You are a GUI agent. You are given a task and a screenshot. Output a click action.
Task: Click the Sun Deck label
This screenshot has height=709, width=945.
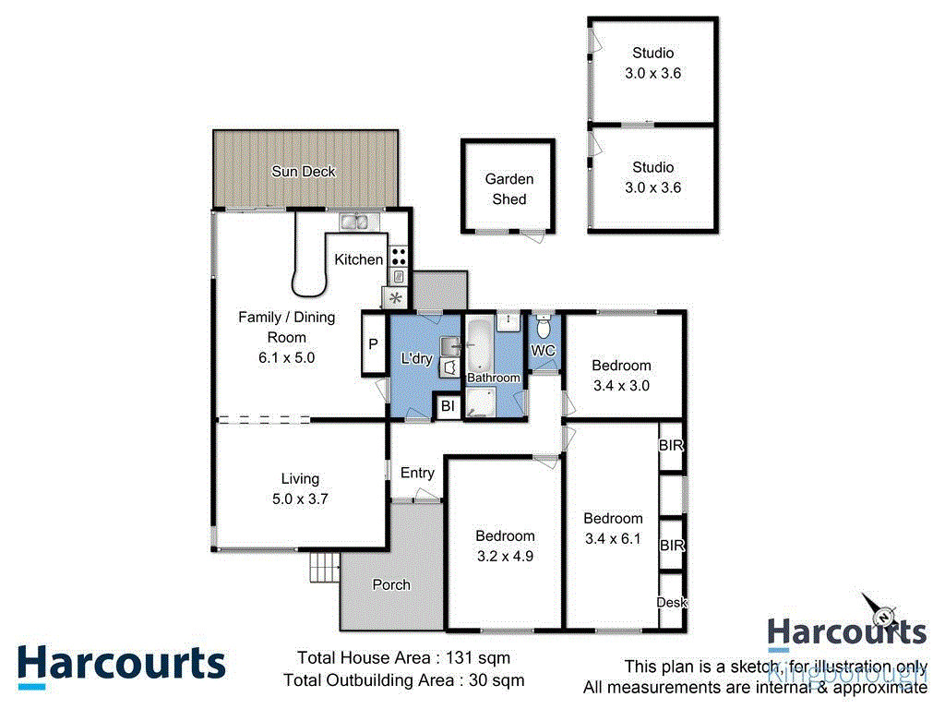point(304,172)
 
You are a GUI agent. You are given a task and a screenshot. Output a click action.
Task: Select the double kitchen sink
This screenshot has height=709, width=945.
point(353,222)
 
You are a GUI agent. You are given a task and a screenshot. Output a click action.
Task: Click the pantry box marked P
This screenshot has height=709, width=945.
point(374,344)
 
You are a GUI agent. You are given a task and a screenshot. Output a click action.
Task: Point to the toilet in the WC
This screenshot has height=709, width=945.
point(544,328)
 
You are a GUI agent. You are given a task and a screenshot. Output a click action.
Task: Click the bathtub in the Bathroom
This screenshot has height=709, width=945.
point(480,345)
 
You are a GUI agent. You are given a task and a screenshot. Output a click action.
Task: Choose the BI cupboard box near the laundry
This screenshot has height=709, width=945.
point(447,406)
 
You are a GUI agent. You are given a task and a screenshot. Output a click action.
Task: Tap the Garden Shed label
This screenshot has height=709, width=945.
point(508,189)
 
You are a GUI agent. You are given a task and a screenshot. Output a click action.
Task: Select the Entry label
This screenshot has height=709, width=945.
point(417,473)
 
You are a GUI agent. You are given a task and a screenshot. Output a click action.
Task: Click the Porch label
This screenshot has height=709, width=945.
point(391,584)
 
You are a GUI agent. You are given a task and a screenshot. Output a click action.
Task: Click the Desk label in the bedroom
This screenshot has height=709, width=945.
point(671,602)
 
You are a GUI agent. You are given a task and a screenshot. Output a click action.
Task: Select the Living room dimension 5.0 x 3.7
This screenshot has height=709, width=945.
point(300,499)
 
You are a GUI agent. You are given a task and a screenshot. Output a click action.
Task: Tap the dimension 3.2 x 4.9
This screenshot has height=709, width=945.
point(505,556)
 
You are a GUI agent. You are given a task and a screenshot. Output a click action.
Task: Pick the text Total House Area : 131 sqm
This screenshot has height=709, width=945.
point(402,658)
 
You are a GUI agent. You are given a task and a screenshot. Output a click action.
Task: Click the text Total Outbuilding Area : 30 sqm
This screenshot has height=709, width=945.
point(404,680)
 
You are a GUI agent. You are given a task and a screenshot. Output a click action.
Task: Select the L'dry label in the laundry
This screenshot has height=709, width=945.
point(415,358)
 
